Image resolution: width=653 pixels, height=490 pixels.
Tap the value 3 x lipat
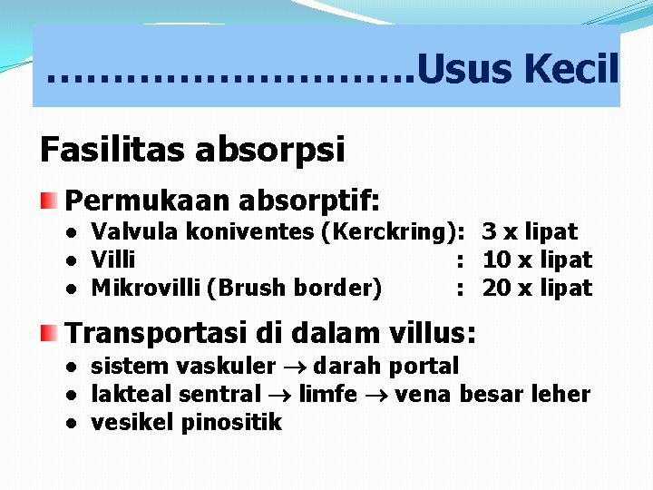[530, 232]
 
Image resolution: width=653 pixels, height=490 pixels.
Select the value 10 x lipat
[537, 260]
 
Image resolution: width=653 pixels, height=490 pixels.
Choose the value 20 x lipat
[537, 289]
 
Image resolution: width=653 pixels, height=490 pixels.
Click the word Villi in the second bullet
[113, 260]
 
